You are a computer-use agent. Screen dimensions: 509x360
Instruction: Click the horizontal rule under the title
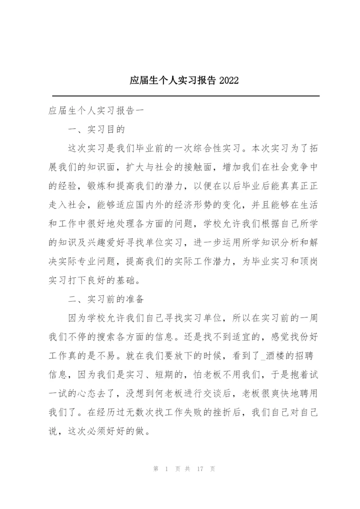pos(186,96)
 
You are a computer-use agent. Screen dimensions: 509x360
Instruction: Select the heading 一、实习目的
pos(96,130)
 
